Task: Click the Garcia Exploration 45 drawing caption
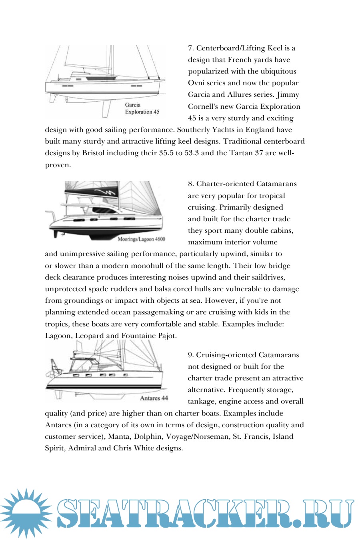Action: [x=142, y=108]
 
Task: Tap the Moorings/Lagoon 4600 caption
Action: [x=141, y=239]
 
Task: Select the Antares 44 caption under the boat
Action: [x=154, y=398]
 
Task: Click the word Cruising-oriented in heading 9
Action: [x=226, y=355]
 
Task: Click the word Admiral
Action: [x=82, y=448]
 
